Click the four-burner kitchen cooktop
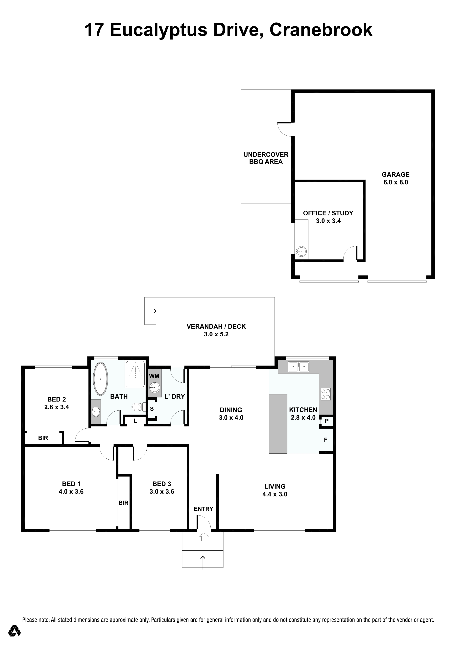[x=325, y=394]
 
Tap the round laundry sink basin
[x=155, y=388]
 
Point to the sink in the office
[x=301, y=251]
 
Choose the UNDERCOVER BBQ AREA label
[x=266, y=158]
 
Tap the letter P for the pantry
[x=327, y=421]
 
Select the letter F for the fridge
[x=325, y=440]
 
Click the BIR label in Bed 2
[x=43, y=438]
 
